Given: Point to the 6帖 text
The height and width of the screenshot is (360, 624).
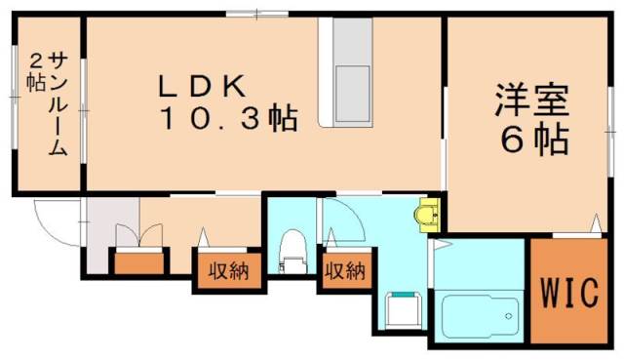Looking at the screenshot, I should (x=535, y=142).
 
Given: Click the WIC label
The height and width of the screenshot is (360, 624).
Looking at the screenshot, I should (x=570, y=291).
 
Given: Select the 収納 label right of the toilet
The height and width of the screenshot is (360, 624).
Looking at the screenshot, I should (x=343, y=270).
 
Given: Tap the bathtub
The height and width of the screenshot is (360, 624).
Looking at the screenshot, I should (x=479, y=314).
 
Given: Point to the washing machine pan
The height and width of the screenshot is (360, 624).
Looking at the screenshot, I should (x=400, y=310).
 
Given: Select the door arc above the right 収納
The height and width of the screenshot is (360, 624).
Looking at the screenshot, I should (x=343, y=217).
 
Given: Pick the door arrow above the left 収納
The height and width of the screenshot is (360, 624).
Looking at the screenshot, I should (x=205, y=235).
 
